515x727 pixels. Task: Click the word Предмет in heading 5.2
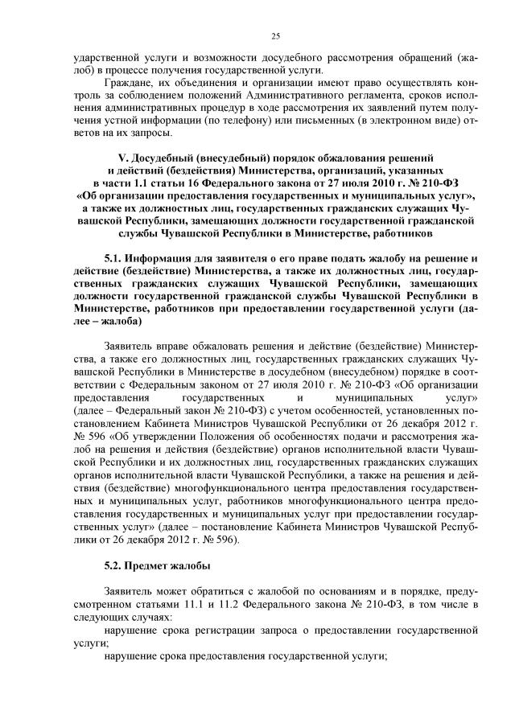[153, 565]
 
